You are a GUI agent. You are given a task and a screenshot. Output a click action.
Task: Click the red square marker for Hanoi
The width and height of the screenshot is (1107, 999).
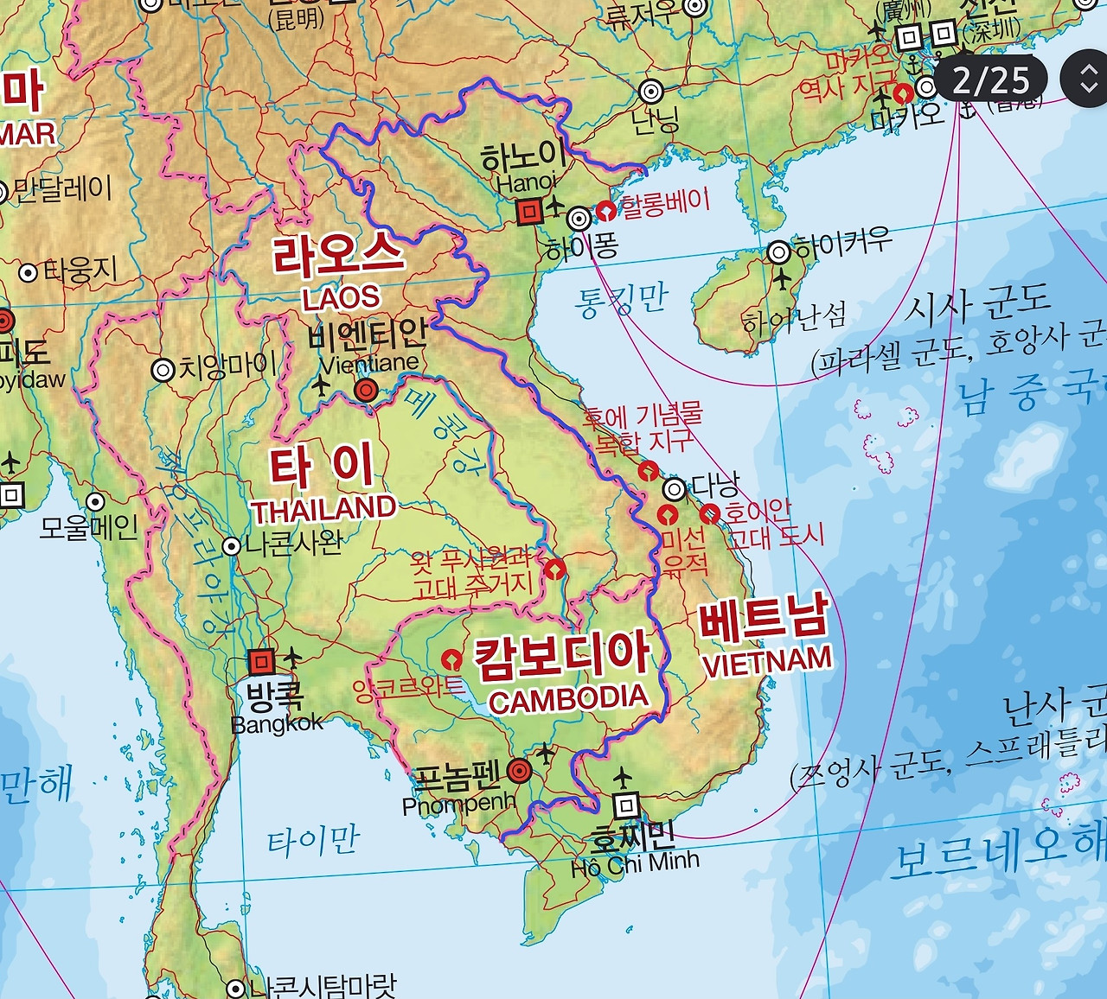pos(528,211)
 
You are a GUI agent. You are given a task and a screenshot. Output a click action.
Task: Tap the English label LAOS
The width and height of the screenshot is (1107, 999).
pos(341,297)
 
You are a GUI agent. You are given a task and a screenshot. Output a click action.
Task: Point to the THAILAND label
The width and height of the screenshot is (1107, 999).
pos(324,509)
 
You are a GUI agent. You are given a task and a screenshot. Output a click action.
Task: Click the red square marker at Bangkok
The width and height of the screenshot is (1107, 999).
pos(261,662)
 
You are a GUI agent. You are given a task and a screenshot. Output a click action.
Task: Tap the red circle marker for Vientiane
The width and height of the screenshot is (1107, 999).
pos(366,391)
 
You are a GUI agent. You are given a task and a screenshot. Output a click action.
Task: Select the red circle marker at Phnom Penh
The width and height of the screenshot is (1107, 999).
pos(520,770)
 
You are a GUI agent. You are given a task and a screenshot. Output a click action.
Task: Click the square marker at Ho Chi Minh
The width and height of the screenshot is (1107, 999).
pos(626,806)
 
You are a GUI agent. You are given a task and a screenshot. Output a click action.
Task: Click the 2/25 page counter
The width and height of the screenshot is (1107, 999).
pos(991,80)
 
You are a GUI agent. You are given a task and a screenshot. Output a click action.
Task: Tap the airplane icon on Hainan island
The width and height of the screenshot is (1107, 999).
pos(782,280)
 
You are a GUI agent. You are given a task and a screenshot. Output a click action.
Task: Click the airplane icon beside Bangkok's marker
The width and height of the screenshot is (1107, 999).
pos(292,658)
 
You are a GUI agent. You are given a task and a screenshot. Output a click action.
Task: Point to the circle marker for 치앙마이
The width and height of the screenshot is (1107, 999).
pos(163,370)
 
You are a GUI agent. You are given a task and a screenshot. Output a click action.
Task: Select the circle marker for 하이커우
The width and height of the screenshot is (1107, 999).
pos(779,252)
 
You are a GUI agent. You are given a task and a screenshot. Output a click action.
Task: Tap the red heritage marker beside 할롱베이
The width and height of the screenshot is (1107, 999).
pos(607,210)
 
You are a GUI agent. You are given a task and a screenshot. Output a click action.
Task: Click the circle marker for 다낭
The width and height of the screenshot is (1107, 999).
pos(674,490)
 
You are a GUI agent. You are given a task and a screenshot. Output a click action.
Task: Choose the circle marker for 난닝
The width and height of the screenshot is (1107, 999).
pos(652,91)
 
